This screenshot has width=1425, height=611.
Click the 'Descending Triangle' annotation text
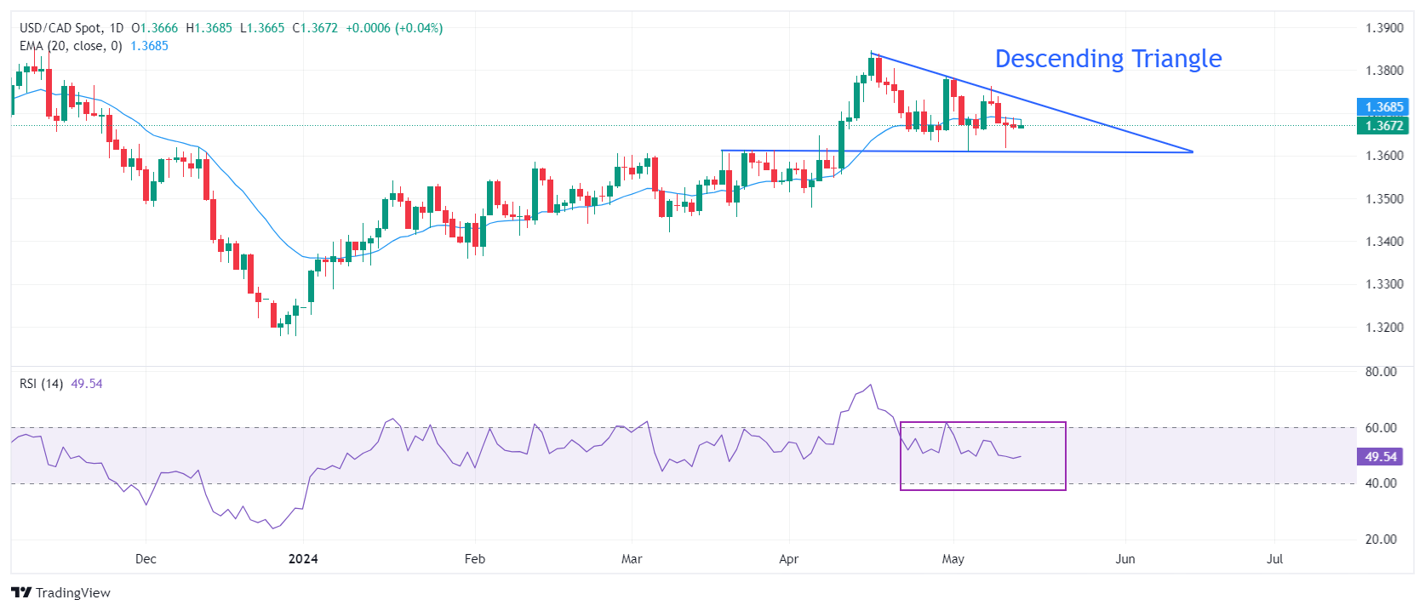pos(1107,59)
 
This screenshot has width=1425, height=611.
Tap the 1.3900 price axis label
pos(1384,28)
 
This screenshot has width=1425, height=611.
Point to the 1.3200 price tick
pos(1384,328)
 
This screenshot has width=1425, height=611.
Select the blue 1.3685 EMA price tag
pos(1383,107)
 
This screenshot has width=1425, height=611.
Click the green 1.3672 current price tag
pos(1383,126)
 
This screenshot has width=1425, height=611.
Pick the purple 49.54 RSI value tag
pos(1380,457)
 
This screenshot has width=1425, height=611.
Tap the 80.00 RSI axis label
pos(1381,372)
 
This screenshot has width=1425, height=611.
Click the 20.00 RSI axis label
pos(1381,540)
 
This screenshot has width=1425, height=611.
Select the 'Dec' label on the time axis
pos(146,559)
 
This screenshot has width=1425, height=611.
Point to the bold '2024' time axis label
pos(303,559)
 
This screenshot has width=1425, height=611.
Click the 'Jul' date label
pos(1274,559)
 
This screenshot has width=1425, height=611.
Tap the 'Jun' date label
pos(1125,559)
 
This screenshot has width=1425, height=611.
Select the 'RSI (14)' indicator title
pos(41,384)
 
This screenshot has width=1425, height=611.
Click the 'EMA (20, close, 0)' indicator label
pos(71,46)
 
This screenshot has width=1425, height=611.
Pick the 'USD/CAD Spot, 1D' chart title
pos(72,28)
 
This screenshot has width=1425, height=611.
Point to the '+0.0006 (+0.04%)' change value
pos(394,28)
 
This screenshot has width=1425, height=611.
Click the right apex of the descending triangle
pos(1193,151)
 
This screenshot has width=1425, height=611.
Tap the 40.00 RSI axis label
pos(1381,483)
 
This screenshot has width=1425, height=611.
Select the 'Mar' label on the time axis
pos(632,559)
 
